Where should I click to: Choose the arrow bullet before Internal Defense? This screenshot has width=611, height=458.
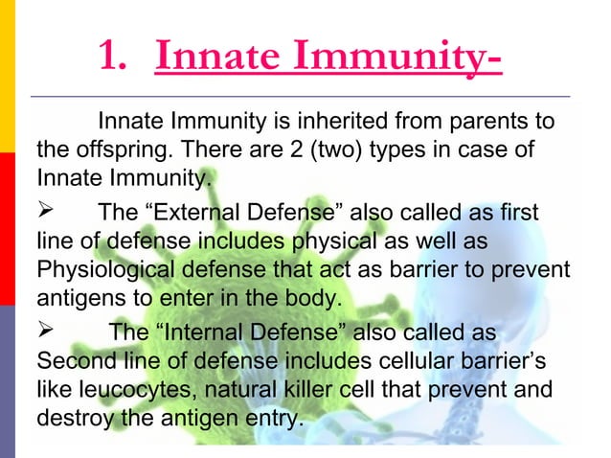46,332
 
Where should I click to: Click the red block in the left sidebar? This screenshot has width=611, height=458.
8,230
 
